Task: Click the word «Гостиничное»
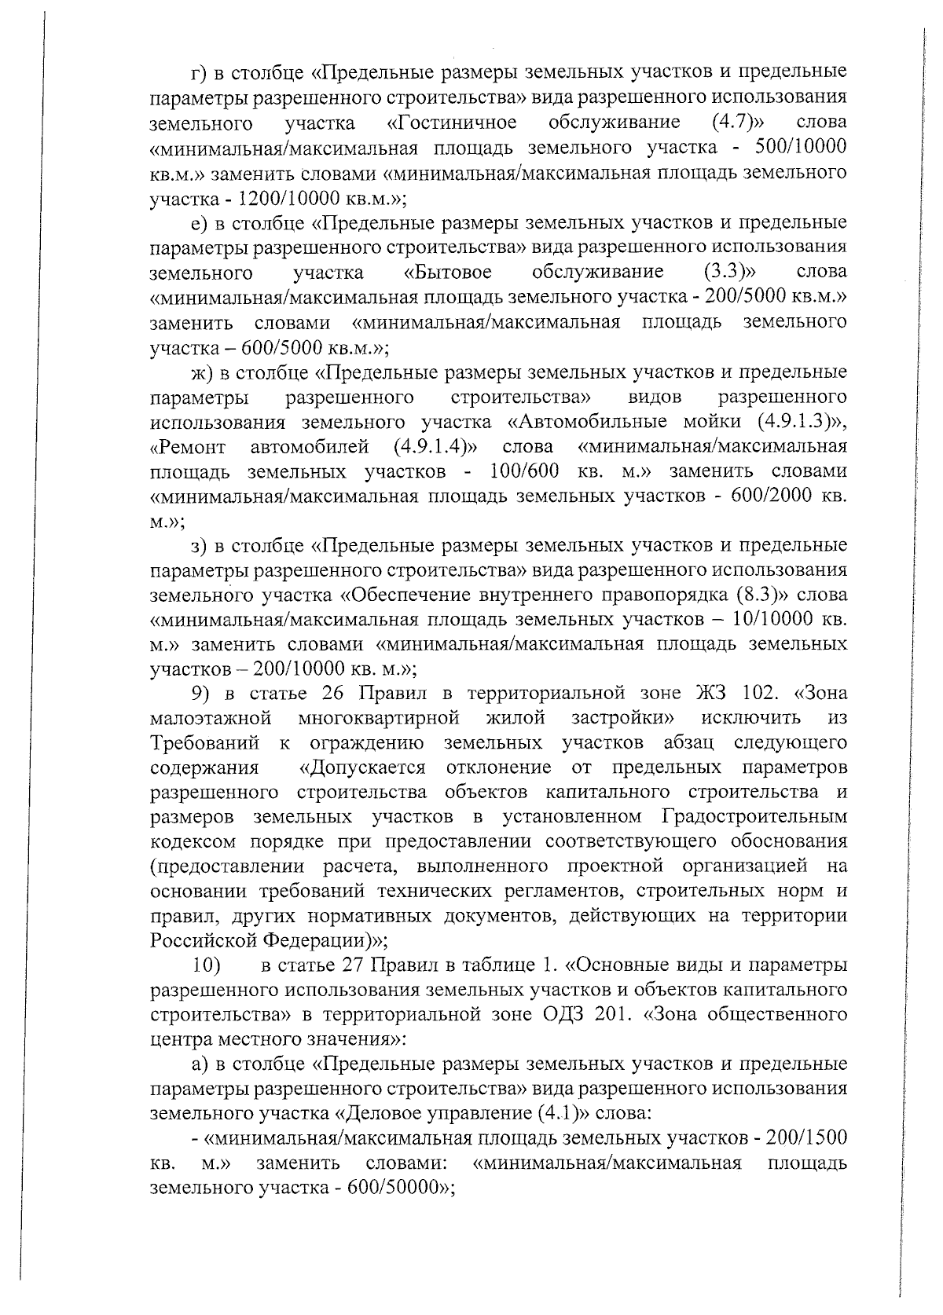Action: coord(452,123)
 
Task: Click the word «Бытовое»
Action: coord(448,272)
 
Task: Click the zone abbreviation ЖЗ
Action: coord(712,694)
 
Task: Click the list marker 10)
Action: coord(208,965)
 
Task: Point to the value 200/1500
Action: coord(800,1139)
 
